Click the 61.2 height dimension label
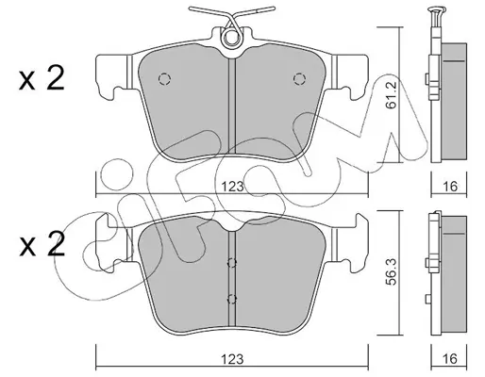[x=392, y=94]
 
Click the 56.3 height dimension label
[x=392, y=272]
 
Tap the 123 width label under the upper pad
[x=232, y=187]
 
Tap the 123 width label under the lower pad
[x=232, y=359]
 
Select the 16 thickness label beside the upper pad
[x=450, y=187]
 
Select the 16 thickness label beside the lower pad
[x=450, y=358]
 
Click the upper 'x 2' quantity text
[x=42, y=78]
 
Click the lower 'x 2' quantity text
[x=42, y=245]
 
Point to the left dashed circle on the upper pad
[x=164, y=79]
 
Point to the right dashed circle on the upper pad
[x=299, y=79]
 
